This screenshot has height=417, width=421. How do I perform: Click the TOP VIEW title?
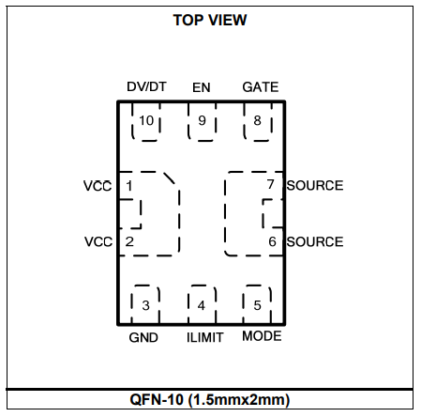[210, 21]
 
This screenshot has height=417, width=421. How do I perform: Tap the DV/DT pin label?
[146, 86]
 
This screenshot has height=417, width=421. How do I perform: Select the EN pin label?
[202, 87]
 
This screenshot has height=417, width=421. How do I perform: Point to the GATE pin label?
[261, 87]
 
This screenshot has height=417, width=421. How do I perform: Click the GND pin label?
[143, 337]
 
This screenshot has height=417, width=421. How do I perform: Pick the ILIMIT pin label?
[204, 337]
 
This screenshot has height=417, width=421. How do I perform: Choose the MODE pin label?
[262, 336]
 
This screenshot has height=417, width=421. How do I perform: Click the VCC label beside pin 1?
[98, 186]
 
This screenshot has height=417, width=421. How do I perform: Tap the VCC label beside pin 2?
[98, 241]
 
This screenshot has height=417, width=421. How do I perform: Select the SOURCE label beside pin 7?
[315, 185]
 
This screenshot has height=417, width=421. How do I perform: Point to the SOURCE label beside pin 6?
[315, 241]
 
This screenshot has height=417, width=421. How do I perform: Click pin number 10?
[146, 120]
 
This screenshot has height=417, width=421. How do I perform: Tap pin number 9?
[203, 120]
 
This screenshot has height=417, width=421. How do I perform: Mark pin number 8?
[257, 120]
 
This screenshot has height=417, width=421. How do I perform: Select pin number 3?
[145, 305]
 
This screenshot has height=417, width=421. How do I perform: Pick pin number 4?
[202, 305]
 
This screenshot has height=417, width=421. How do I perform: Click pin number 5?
[257, 305]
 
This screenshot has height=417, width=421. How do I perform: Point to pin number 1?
[129, 186]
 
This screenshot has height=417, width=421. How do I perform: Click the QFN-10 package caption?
[210, 400]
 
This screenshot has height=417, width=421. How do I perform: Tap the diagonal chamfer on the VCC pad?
[170, 178]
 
